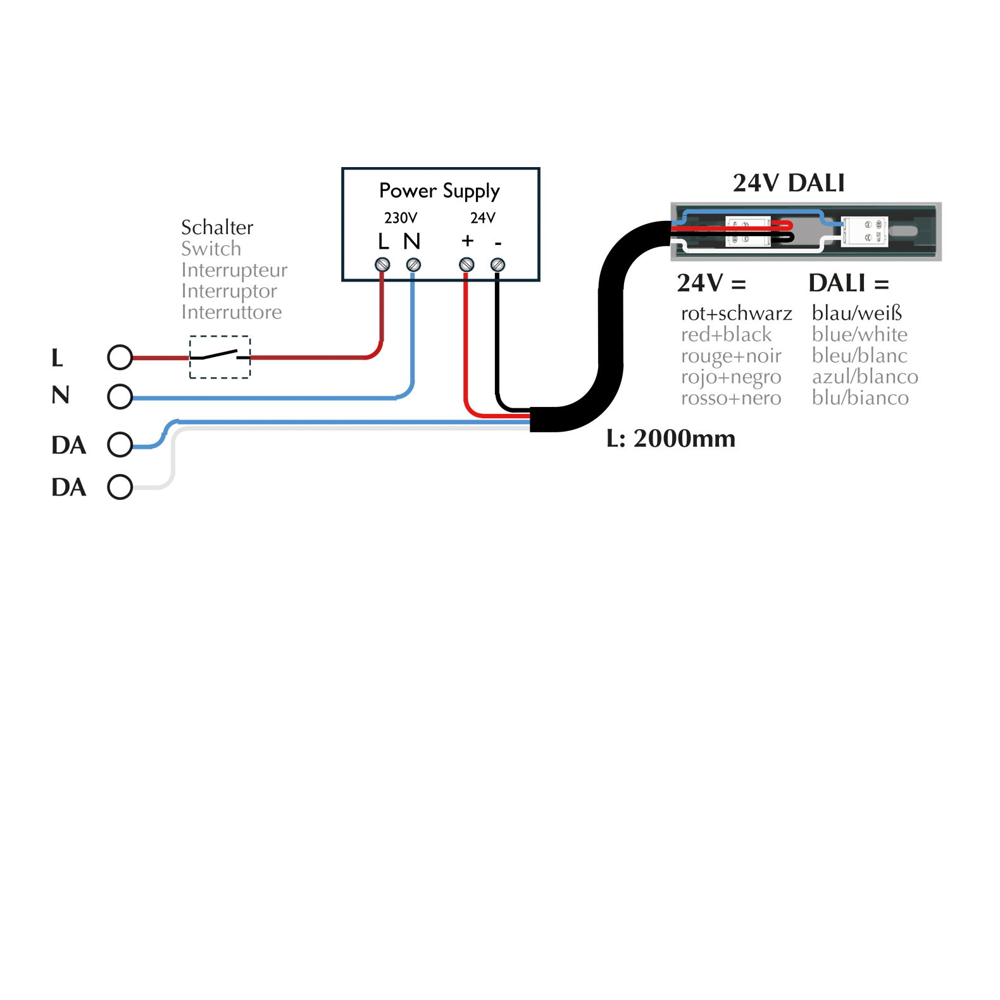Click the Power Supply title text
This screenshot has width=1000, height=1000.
pyautogui.click(x=439, y=191)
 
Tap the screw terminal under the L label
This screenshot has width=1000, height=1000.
pyautogui.click(x=382, y=265)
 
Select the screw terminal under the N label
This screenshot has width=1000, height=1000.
pyautogui.click(x=413, y=265)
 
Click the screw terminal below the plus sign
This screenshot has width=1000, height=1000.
pyautogui.click(x=466, y=265)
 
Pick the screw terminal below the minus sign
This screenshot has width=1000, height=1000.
pyautogui.click(x=497, y=265)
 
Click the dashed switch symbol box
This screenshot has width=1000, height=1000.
pyautogui.click(x=220, y=357)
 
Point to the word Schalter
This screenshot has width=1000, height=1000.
pyautogui.click(x=217, y=227)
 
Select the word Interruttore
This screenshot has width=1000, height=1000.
pyautogui.click(x=231, y=312)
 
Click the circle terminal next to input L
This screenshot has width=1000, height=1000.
pyautogui.click(x=120, y=358)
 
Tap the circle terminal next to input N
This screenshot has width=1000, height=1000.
pyautogui.click(x=120, y=397)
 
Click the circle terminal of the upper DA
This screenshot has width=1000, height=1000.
pyautogui.click(x=120, y=444)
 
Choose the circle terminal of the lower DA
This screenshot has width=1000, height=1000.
pyautogui.click(x=120, y=487)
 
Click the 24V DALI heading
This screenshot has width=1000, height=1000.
pyautogui.click(x=789, y=183)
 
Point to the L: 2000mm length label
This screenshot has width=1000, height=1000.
pyautogui.click(x=671, y=439)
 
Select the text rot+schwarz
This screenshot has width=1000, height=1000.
pyautogui.click(x=736, y=313)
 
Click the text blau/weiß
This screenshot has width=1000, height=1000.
pyautogui.click(x=856, y=313)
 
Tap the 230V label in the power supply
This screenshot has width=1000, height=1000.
pyautogui.click(x=401, y=218)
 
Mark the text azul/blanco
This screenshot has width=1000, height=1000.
pyautogui.click(x=865, y=377)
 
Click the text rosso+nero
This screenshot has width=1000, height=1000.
pyautogui.click(x=731, y=398)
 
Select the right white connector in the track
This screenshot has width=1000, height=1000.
pyautogui.click(x=865, y=231)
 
